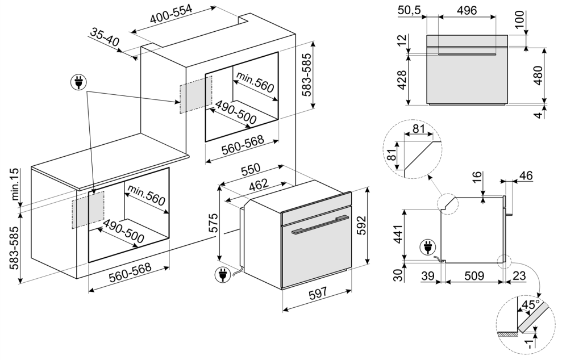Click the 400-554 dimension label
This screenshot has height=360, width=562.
pyautogui.click(x=171, y=16)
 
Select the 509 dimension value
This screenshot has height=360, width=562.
pyautogui.click(x=473, y=276)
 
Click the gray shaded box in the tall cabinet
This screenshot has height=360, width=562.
pyautogui.click(x=195, y=94)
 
